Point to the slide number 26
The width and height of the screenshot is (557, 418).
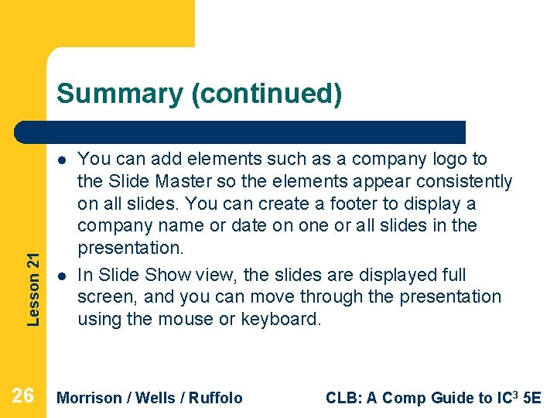point(23,396)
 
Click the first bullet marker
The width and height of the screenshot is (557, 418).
point(60,160)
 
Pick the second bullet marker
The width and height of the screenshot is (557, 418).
point(60,276)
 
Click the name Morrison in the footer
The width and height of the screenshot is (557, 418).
point(90,398)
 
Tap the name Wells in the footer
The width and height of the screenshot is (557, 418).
point(159,398)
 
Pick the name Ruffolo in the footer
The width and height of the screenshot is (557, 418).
point(216,398)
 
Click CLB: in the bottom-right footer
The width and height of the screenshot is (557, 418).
point(341,398)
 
